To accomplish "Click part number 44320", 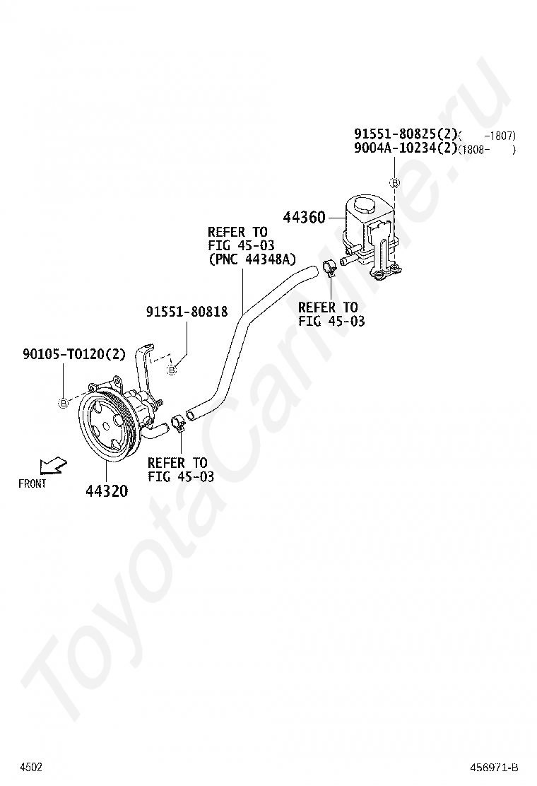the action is pos(107,491).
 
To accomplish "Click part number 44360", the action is pos(304,217).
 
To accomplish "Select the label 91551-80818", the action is pos(187,312).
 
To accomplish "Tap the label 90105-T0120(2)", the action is pos(73,354).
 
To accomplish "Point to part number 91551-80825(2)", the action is pos(406,134).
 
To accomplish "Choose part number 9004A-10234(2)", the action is pos(406,148).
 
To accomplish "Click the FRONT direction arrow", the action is pos(54,465).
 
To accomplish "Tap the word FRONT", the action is pos(32,483).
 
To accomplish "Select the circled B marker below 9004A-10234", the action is pos(395,183).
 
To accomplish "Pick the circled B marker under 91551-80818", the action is pos(172,370).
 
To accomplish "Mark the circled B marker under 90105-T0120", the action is pos(64,402).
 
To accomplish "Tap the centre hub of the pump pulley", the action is pos(106,426).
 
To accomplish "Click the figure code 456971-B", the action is pos(494,768).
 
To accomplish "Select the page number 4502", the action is pos(31,767).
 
